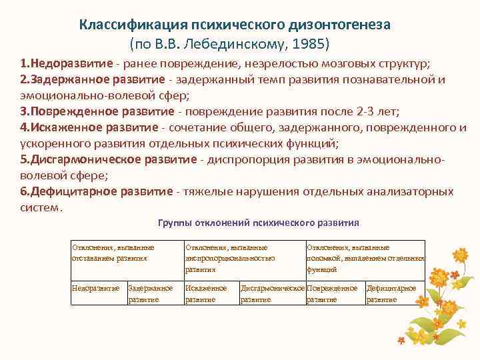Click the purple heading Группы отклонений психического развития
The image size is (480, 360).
click(259, 223)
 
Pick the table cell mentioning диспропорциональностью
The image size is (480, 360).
click(230, 258)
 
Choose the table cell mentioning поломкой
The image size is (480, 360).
click(365, 258)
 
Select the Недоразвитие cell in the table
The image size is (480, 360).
click(96, 288)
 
